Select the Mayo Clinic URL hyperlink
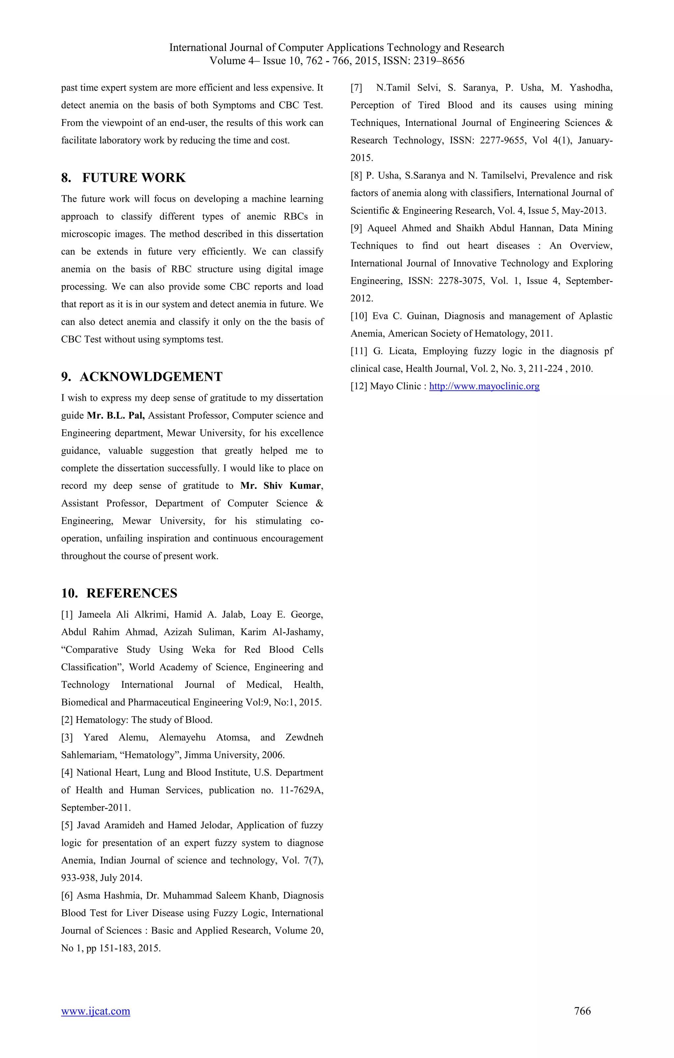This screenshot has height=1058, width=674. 484,386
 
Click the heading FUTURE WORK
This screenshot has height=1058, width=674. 134,178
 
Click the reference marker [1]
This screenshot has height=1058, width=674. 67,614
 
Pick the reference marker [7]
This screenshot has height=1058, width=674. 356,87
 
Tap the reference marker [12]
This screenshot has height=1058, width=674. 358,386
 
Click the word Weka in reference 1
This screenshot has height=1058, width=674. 204,650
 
